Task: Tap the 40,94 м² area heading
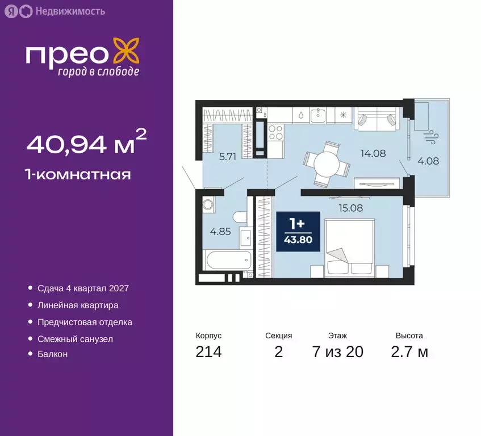86,142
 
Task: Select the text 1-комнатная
78,174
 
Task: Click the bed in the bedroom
349,248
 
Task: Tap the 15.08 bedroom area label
350,208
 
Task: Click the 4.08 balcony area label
428,161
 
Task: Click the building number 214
208,352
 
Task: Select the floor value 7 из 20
337,352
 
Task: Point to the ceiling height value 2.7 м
409,352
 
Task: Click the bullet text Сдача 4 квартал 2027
83,288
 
